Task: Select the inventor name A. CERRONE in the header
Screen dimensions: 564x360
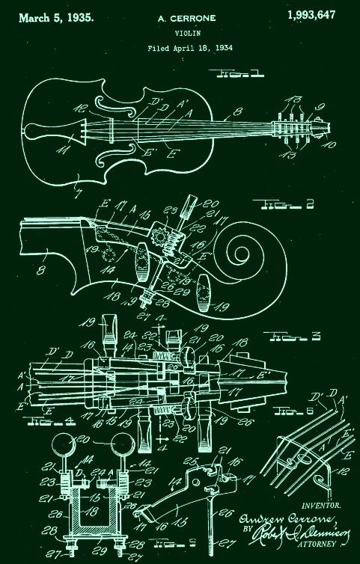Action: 181,16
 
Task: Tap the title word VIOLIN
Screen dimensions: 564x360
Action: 181,33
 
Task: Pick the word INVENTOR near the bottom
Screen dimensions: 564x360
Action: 322,506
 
